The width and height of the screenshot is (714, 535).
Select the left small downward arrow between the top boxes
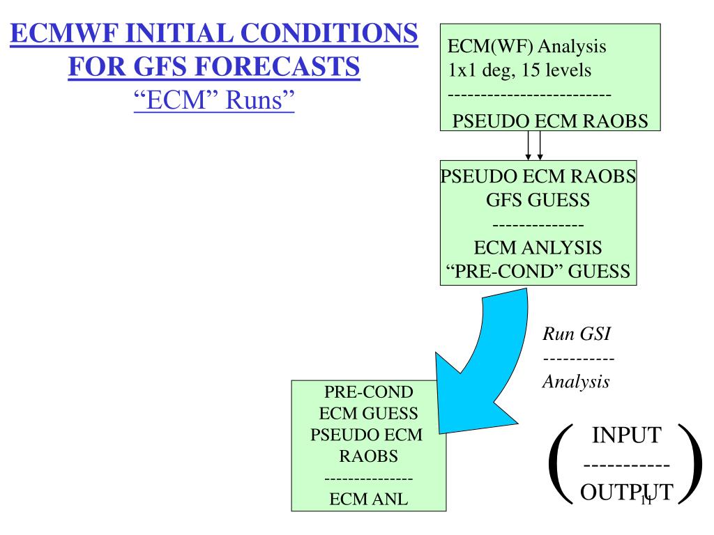529,147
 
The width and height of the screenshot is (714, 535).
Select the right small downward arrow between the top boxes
540,147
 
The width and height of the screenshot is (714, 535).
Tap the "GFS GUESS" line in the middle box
538,201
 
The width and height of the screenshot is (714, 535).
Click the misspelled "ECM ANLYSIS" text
538,247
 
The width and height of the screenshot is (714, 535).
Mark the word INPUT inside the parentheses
625,435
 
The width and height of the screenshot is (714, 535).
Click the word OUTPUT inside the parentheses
626,493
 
